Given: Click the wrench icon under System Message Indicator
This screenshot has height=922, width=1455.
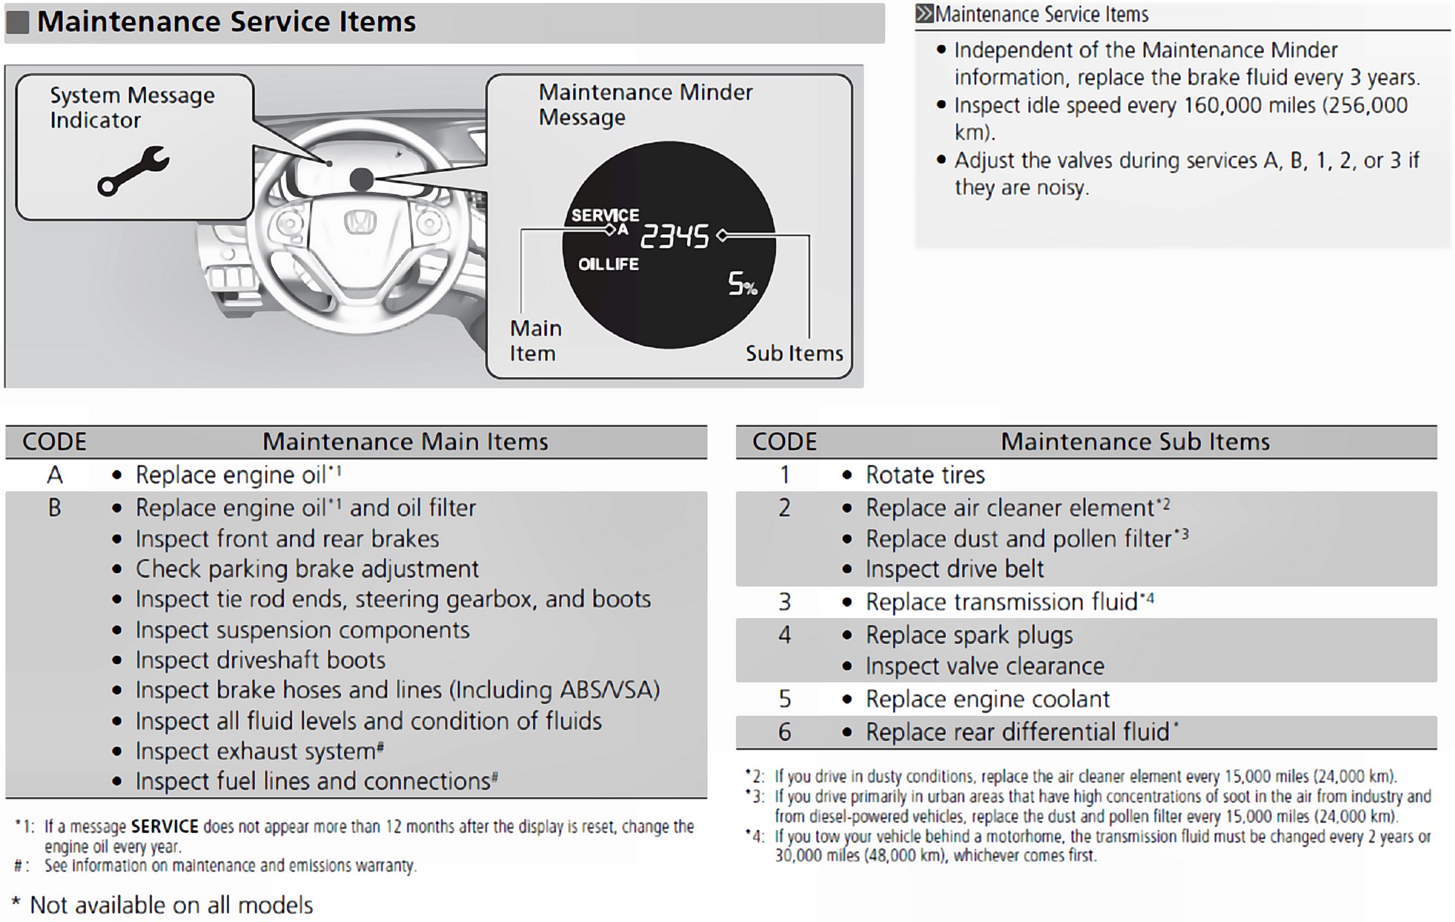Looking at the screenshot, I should [133, 171].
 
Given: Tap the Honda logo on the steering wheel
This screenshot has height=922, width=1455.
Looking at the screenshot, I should [361, 222].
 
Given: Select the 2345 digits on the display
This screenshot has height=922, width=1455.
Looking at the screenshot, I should [675, 237].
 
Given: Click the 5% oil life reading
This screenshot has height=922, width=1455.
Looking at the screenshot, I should [743, 284].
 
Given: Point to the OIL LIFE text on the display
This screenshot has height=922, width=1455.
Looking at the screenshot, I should [608, 264].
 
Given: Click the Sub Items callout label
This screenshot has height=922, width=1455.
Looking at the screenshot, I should [794, 354].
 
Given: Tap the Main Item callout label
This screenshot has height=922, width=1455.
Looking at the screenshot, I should [535, 341].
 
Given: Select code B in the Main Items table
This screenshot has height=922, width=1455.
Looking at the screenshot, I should [55, 508].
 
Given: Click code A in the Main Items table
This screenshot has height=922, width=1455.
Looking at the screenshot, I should [55, 475].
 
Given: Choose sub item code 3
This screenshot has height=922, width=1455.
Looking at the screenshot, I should [784, 602].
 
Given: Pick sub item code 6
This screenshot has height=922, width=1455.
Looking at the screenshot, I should [784, 732].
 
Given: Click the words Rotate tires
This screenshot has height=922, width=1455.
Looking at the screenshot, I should [925, 475].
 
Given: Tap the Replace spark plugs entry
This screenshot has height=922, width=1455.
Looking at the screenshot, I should [969, 635].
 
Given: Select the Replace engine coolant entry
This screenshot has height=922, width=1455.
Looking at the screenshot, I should [988, 699].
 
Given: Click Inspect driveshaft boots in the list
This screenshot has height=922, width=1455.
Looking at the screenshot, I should [260, 660].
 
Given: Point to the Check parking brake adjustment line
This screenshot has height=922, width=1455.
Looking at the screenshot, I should [307, 569].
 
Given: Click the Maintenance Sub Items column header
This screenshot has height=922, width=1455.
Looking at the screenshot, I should [1135, 442].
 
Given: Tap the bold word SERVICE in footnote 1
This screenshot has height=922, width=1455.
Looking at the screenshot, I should [164, 827].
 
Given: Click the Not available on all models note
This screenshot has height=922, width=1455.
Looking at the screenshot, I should [171, 905].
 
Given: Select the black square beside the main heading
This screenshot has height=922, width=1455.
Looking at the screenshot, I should [18, 22].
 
